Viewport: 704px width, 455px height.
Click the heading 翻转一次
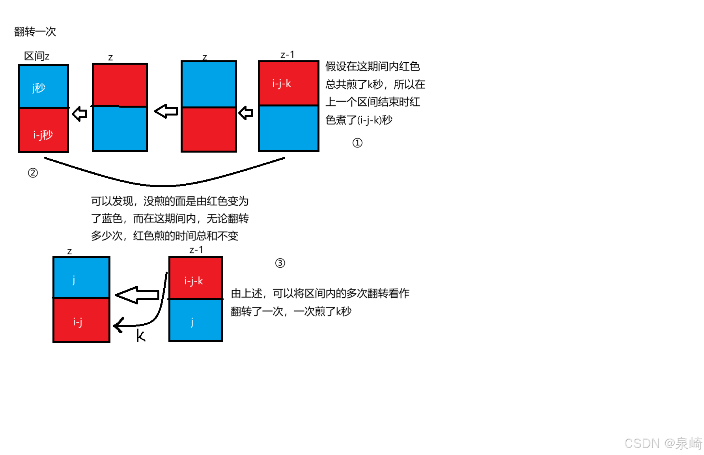click(35, 32)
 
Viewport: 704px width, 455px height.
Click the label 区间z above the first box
click(37, 56)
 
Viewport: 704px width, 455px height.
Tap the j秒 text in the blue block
click(39, 88)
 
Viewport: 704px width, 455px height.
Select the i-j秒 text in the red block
click(43, 135)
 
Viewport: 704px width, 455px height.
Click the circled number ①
click(357, 143)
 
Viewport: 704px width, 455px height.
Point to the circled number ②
click(33, 173)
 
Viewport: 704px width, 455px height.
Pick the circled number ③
click(280, 263)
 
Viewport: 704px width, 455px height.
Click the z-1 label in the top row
click(287, 54)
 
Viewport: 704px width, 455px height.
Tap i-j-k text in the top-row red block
click(282, 83)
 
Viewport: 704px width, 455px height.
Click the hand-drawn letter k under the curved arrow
click(141, 336)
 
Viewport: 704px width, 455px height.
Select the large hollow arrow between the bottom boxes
click(137, 295)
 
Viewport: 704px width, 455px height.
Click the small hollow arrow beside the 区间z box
click(80, 114)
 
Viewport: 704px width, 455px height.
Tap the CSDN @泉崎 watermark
click(663, 443)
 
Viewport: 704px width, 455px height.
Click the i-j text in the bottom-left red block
click(78, 322)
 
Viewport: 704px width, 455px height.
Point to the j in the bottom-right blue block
click(192, 322)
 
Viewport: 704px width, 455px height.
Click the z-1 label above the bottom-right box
click(196, 250)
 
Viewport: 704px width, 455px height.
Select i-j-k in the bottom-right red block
click(194, 281)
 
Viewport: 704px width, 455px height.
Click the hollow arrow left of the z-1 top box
click(246, 113)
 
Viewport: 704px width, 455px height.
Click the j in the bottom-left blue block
click(74, 280)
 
